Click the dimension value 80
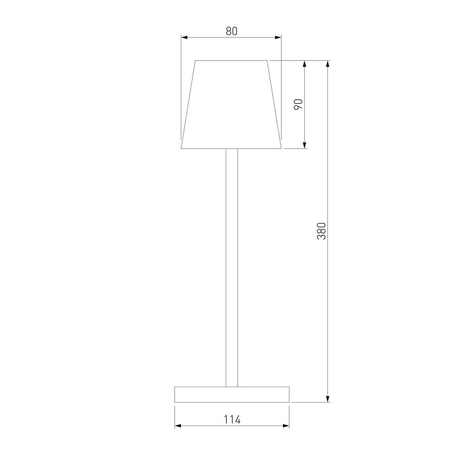click(231, 31)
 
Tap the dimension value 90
click(299, 104)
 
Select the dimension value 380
click(322, 231)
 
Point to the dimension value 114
click(232, 419)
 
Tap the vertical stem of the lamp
click(231, 266)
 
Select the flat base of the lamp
click(232, 394)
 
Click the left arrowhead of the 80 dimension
click(184, 37)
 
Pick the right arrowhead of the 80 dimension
click(279, 37)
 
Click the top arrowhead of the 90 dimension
click(305, 64)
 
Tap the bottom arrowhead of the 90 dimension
click(305, 145)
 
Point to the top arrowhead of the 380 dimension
click(328, 64)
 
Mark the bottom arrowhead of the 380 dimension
click(328, 399)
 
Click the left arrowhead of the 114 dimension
click(178, 426)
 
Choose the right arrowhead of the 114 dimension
click(286, 426)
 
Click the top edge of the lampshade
click(231, 61)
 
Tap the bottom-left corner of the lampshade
click(181, 148)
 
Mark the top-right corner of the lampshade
click(268, 61)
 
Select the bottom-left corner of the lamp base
click(175, 402)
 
